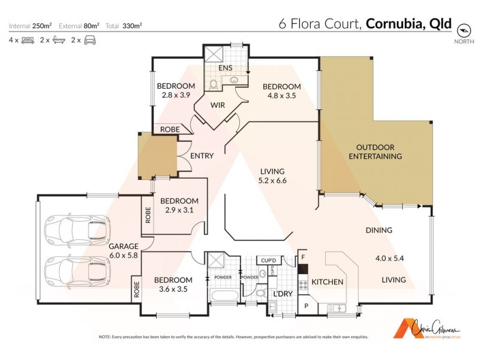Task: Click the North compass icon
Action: coord(463,29)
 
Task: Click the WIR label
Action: coord(217,106)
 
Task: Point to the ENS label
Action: coord(226,68)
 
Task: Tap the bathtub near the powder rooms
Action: coord(222,296)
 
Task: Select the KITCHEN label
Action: coord(327,282)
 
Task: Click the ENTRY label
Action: coord(202,156)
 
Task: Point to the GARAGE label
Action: coord(124,246)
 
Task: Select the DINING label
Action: coord(379,230)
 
